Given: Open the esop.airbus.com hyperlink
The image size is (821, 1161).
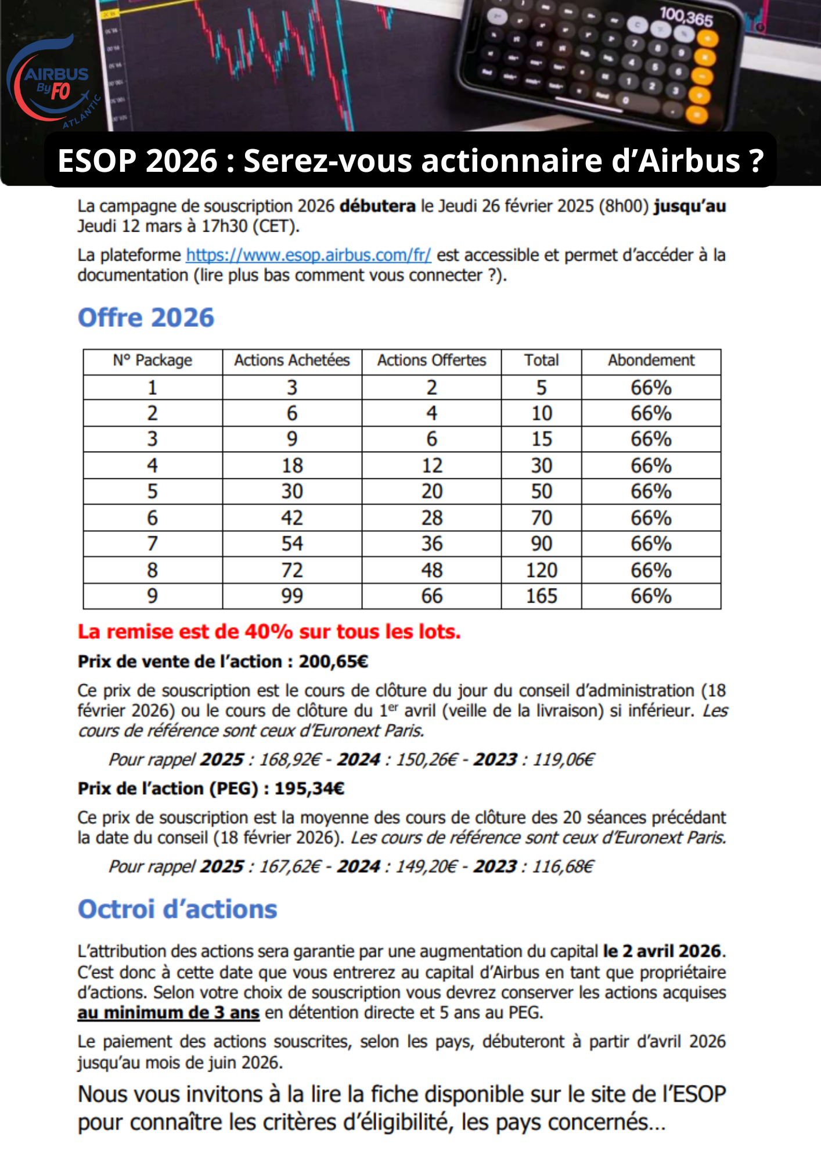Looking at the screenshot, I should point(308,255).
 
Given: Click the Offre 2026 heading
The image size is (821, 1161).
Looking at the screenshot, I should point(146,318).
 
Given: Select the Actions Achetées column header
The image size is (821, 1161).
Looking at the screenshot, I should point(292,360).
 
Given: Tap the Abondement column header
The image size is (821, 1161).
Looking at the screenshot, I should point(651,360).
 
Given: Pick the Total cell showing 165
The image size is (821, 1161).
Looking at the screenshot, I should point(541,596).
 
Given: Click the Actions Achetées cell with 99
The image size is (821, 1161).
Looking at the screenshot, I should point(292,596).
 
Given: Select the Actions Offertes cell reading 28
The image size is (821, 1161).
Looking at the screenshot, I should point(432,518).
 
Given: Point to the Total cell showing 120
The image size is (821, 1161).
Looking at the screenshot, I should point(541,570).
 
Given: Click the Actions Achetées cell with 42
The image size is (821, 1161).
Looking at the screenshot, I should point(292,518).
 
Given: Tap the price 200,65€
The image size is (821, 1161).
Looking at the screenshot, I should point(333,662).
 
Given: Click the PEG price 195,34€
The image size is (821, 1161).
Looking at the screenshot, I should point(309,788).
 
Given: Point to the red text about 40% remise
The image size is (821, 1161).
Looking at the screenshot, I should point(269,632).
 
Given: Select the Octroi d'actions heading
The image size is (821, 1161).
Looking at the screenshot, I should point(178,909).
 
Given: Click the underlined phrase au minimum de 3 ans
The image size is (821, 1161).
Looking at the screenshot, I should point(168,1012).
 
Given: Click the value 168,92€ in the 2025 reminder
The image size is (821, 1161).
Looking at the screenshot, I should point(289,759).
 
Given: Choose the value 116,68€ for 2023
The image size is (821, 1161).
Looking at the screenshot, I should point(563,867).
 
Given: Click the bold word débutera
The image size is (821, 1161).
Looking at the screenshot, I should point(377,206).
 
